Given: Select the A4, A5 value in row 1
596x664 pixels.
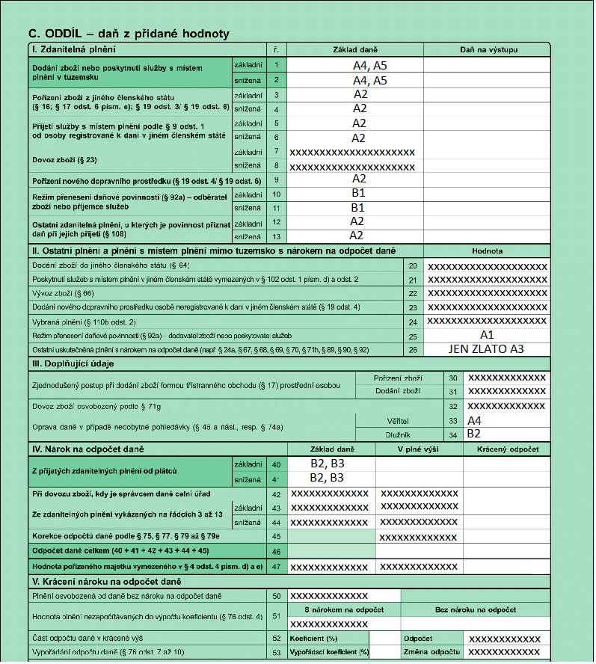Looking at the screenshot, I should pos(369,66).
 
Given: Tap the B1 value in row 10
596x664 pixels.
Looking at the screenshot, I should pos(357,193).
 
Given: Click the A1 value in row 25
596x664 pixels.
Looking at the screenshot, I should pos(488,336).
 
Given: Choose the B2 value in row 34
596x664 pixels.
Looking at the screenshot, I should pos(473,433).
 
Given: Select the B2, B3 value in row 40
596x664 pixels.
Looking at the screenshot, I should pos(327,464).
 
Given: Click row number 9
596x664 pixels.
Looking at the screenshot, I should pos(276,179).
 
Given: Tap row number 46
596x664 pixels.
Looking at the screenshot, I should pos(276,550).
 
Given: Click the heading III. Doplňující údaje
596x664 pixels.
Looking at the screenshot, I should pos(72,364).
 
